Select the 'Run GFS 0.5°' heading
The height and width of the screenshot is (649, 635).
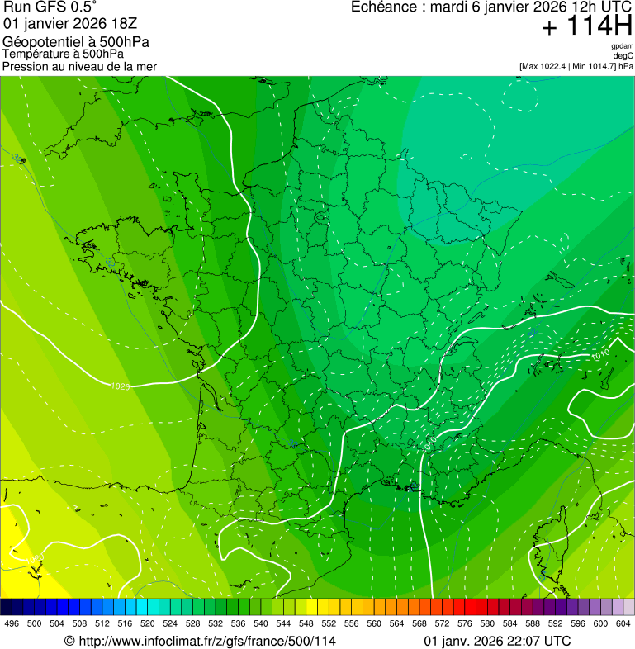(50, 8)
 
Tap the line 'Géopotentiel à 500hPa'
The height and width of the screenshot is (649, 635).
(76, 42)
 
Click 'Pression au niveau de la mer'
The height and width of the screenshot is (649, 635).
(79, 66)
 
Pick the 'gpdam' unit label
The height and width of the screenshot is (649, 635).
(622, 46)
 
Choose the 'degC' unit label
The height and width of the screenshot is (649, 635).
(624, 55)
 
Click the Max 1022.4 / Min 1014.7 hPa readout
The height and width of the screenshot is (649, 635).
(576, 65)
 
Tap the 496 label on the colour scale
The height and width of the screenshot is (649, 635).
(12, 623)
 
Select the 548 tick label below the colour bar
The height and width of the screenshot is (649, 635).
(305, 623)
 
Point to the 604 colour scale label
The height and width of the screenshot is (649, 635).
(623, 623)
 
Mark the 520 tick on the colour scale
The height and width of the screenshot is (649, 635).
(147, 623)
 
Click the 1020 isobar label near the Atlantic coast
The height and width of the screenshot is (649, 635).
(121, 386)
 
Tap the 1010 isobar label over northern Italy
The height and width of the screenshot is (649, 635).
(600, 355)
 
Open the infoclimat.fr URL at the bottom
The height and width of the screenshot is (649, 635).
(200, 641)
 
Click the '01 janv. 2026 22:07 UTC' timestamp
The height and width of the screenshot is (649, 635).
(497, 641)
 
